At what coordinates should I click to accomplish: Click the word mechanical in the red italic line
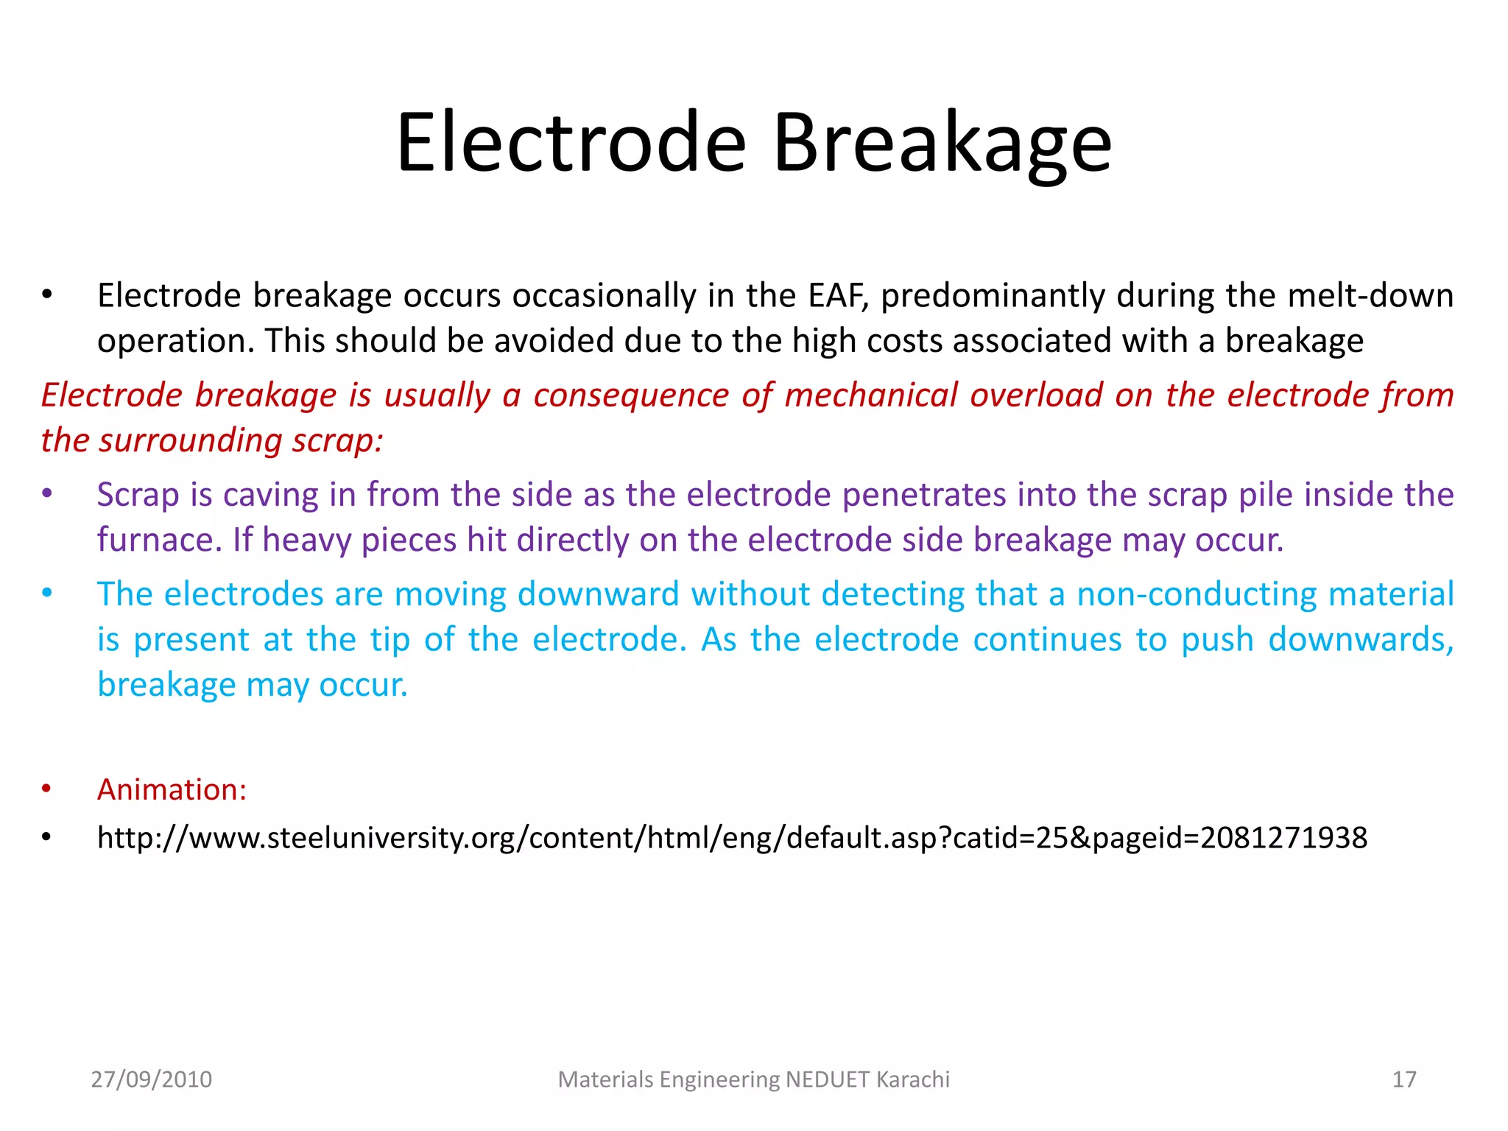pos(870,395)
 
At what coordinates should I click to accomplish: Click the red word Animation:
pos(172,790)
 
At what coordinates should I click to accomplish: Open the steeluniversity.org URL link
pos(732,838)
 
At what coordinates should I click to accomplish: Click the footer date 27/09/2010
pos(151,1079)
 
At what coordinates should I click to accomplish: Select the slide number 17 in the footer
pos(1403,1079)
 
